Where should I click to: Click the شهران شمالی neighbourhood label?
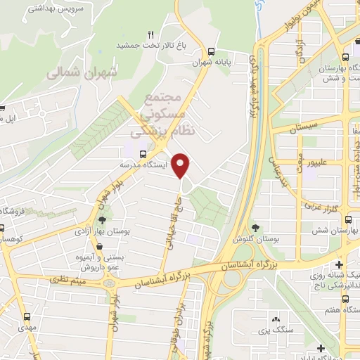pos(83,72)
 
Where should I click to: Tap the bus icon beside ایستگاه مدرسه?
pos(143,153)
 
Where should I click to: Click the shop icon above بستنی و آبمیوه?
pos(98,247)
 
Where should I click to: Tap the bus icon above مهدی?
pos(27,316)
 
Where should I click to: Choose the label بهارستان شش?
pos(326,231)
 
